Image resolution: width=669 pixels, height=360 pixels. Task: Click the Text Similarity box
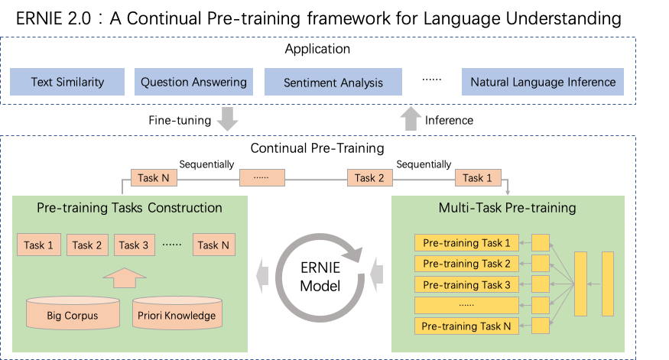(67, 82)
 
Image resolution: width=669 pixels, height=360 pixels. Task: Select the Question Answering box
(194, 82)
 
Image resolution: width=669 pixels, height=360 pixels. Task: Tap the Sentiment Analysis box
(333, 82)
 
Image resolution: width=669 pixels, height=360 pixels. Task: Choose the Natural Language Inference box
(543, 82)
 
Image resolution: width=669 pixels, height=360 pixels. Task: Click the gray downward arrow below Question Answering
(227, 119)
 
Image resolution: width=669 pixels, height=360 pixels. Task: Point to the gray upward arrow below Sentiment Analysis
(411, 119)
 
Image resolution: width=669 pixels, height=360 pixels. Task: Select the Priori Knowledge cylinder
(177, 313)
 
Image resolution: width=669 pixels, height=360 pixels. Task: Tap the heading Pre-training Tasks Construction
(129, 208)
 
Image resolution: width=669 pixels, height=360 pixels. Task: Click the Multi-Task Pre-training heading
(508, 208)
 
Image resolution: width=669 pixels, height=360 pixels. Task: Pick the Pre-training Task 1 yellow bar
(466, 243)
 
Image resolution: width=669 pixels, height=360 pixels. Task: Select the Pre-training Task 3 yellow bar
(466, 284)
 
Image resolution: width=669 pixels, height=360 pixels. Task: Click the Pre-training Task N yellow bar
(466, 326)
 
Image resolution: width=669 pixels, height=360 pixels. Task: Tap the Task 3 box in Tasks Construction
(133, 245)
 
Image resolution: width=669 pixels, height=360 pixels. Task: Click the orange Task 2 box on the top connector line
(369, 178)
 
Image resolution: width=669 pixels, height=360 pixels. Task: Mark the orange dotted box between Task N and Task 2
(261, 178)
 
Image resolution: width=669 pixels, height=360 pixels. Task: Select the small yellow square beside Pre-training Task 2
(541, 264)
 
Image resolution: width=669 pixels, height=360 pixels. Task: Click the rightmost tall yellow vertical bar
(607, 283)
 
